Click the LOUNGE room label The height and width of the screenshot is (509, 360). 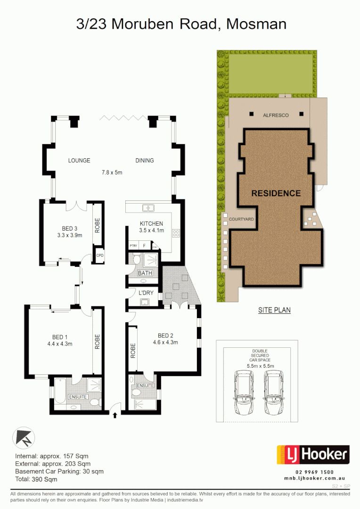coord(79,160)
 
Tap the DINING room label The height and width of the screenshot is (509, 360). coord(145,160)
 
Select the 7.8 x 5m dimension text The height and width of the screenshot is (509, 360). coord(112,172)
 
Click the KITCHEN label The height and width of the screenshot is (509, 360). coord(151,224)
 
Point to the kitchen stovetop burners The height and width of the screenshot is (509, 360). coord(176,233)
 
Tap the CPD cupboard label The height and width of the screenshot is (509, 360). coord(100,255)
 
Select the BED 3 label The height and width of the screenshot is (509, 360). coord(69,229)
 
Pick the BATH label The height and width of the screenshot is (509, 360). coord(144,273)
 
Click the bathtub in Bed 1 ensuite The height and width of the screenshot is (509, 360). coord(60,393)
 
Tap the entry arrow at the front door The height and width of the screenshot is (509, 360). coord(115,415)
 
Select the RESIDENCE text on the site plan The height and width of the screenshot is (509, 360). coord(276,193)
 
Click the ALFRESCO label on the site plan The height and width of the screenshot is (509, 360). coord(276,115)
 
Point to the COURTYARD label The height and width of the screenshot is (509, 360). coord(241,219)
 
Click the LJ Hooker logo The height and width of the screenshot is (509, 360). coord(312,455)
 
